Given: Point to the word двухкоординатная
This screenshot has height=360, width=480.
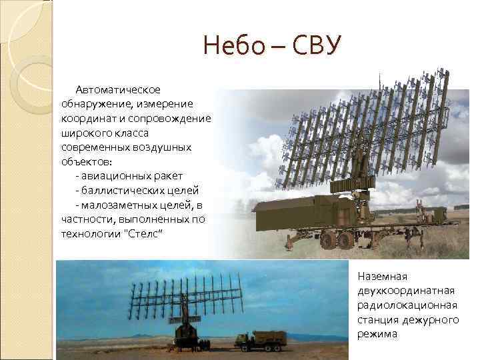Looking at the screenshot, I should pos(406,290).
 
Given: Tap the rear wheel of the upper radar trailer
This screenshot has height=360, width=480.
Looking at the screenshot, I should pos(345,239).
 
